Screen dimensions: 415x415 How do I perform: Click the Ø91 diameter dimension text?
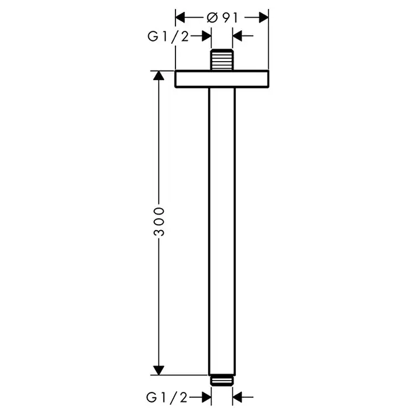222,18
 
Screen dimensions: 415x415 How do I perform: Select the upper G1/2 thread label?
168,37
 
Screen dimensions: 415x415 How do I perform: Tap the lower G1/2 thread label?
167,397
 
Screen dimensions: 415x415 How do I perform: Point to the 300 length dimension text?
159,221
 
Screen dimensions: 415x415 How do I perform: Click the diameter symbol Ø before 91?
212,18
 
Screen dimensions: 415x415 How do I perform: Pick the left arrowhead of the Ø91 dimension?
180,17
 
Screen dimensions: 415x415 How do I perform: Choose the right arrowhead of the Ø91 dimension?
264,17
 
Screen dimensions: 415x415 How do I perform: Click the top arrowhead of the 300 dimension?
159,75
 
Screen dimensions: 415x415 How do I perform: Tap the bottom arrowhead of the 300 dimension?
159,371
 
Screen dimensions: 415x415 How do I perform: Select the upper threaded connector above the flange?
222,60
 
